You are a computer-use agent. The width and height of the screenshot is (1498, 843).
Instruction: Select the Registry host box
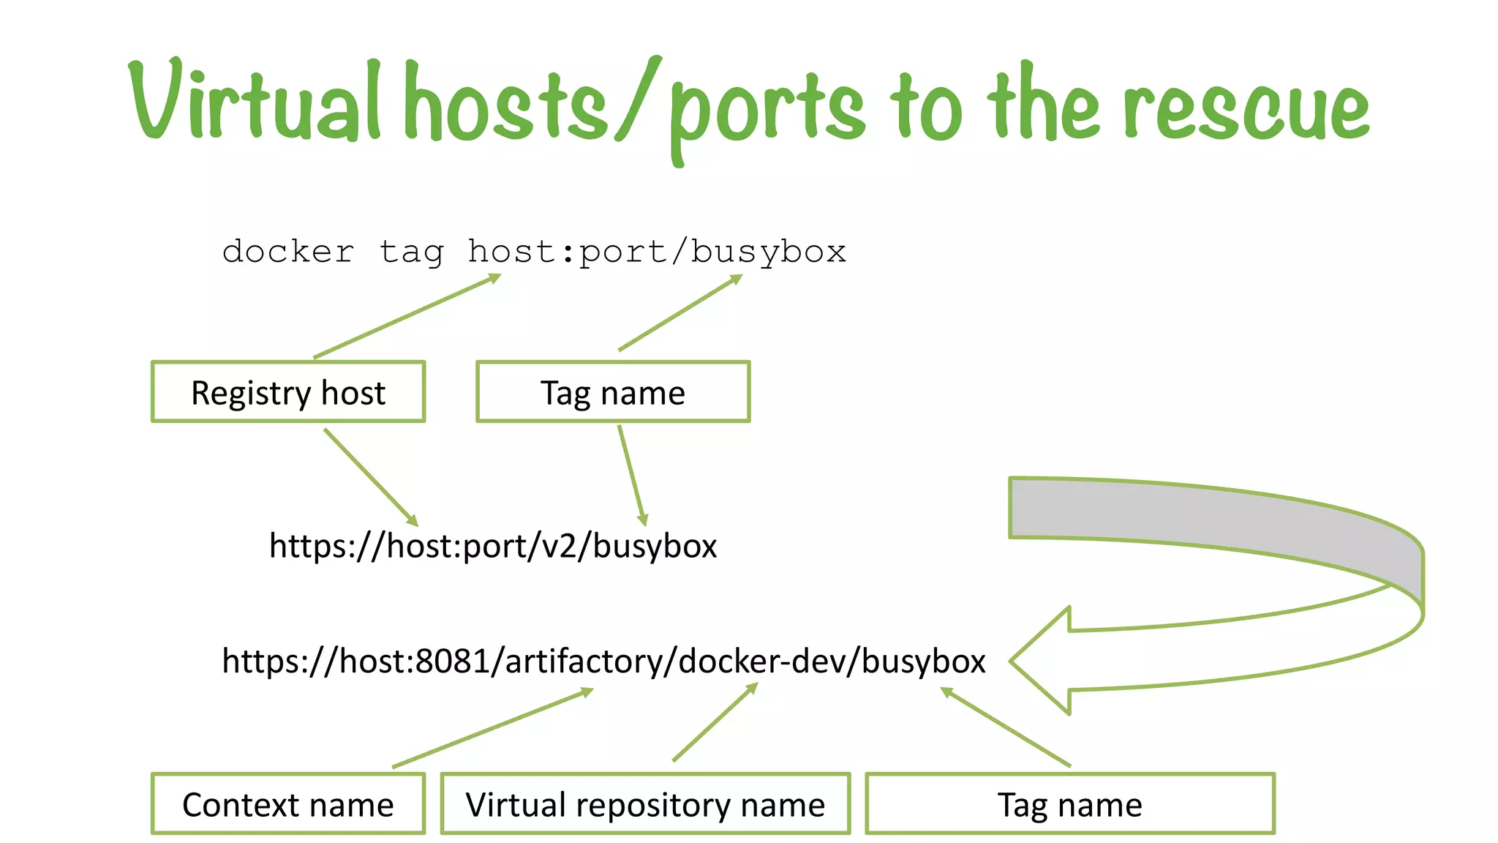pos(288,392)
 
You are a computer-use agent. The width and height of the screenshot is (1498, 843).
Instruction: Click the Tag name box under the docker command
pos(613,392)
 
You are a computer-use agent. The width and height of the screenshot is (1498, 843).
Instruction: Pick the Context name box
pos(288,804)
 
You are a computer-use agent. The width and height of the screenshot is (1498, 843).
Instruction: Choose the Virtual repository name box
pos(645,804)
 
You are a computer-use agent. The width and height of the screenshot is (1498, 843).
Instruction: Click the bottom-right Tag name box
pos(1070,804)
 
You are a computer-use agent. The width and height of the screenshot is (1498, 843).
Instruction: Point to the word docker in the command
pos(288,252)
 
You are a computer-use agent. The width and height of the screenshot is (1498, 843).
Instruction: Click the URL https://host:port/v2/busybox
pos(493,546)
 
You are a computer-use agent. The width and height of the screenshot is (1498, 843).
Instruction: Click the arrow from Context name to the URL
pos(492,728)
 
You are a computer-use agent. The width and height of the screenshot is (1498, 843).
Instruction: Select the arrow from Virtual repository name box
pos(715,723)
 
